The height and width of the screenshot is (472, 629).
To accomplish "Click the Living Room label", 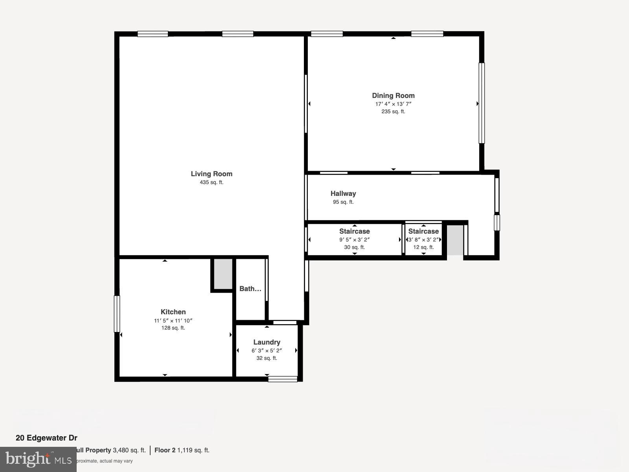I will click(x=212, y=174).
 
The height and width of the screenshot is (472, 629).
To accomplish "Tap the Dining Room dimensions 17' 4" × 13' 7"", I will click(x=393, y=104).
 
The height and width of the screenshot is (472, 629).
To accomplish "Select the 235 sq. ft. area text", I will click(x=393, y=112).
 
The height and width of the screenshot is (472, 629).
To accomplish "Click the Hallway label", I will click(x=343, y=194).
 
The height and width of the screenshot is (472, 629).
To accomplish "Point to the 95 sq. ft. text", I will click(x=343, y=202).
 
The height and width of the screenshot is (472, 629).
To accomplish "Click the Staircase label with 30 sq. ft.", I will click(x=354, y=231).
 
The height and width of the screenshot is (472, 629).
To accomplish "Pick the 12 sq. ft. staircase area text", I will click(x=423, y=247).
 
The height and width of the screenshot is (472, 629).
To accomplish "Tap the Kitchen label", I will click(x=173, y=312).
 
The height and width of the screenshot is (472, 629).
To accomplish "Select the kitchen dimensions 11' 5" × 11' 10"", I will click(x=173, y=321).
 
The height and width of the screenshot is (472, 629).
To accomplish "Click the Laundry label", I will click(x=267, y=342).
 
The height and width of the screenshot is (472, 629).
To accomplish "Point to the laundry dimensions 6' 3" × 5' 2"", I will click(x=267, y=350).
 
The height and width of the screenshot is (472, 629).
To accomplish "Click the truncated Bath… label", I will click(x=250, y=289).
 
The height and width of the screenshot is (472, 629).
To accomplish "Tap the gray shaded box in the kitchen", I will click(x=223, y=274).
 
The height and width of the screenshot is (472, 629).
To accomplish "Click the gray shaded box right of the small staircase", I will click(x=455, y=240).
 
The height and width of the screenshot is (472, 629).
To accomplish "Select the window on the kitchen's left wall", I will click(x=117, y=314).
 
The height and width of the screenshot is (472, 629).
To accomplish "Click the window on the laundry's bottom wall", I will click(x=283, y=379).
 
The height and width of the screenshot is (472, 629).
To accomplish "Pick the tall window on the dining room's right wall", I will click(x=481, y=103).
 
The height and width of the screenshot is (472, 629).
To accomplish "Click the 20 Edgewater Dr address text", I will click(x=46, y=438).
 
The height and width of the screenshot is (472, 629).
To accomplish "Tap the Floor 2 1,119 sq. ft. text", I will click(x=182, y=450).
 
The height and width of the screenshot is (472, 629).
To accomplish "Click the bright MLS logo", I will click(x=38, y=459).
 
